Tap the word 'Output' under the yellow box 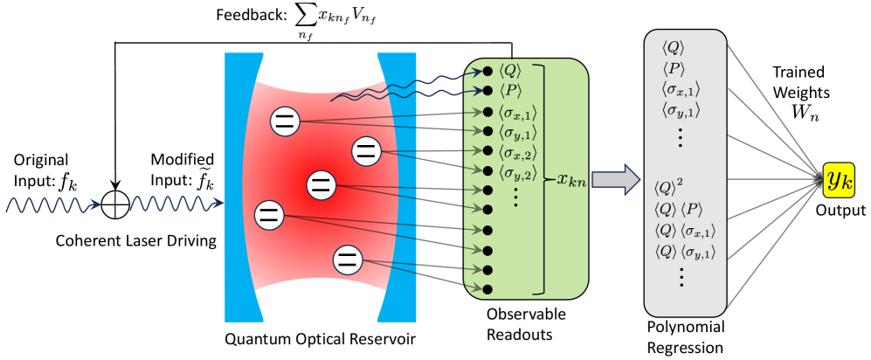pyautogui.click(x=838, y=211)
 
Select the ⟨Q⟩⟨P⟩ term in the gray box pyautogui.click(x=678, y=208)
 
